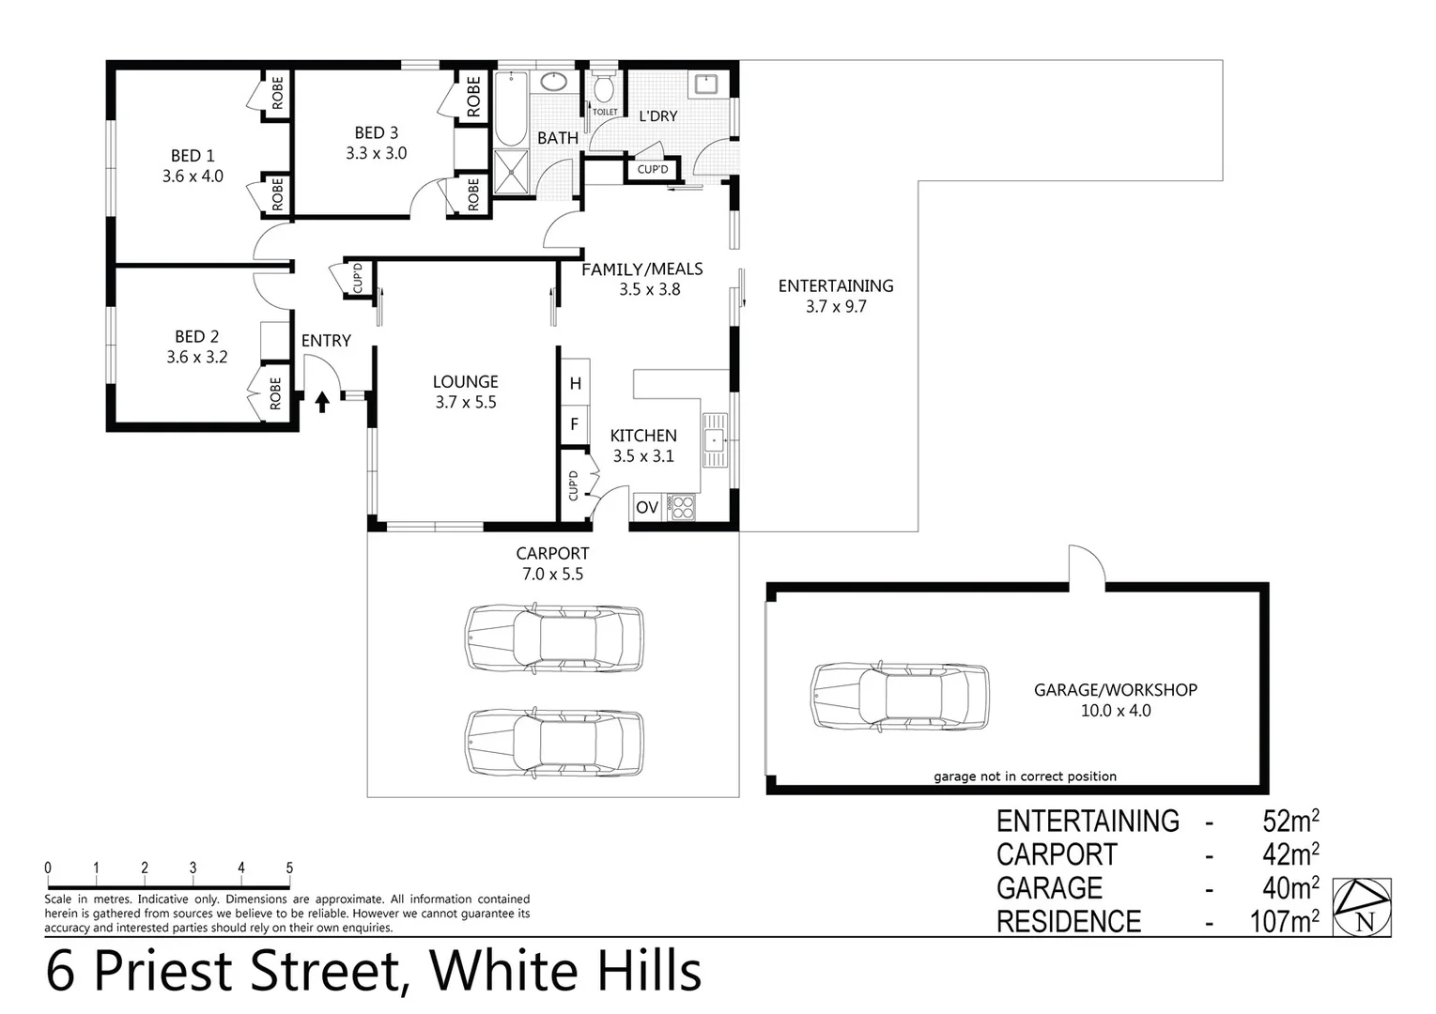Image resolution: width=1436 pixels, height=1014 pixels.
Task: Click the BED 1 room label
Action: click(193, 156)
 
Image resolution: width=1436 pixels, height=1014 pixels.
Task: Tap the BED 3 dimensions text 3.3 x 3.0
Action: click(376, 153)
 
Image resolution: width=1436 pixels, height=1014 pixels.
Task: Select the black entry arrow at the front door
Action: click(322, 402)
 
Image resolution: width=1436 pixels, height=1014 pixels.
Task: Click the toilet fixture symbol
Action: click(603, 89)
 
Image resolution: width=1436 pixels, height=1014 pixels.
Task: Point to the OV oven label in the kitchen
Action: click(646, 508)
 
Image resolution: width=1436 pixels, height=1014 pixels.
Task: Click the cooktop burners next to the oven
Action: click(681, 507)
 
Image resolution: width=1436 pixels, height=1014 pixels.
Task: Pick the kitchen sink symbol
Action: click(716, 439)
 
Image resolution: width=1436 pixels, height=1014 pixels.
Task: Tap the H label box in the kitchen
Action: click(575, 383)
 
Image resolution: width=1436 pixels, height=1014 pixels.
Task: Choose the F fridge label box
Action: click(575, 424)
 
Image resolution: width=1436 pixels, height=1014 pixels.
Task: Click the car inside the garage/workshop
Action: click(900, 696)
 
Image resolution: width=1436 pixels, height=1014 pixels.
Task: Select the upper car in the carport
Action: click(555, 638)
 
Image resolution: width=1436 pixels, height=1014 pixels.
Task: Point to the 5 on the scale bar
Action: click(289, 868)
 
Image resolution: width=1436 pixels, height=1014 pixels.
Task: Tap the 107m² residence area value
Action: click(1284, 921)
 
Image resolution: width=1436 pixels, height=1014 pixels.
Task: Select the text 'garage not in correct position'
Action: click(1025, 776)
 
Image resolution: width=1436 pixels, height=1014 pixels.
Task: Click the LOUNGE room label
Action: click(465, 382)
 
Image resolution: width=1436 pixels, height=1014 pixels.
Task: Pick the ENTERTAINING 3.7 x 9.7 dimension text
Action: click(836, 306)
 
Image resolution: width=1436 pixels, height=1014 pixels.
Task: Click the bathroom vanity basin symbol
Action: click(554, 82)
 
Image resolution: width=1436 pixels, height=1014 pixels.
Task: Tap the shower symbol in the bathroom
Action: click(512, 172)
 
